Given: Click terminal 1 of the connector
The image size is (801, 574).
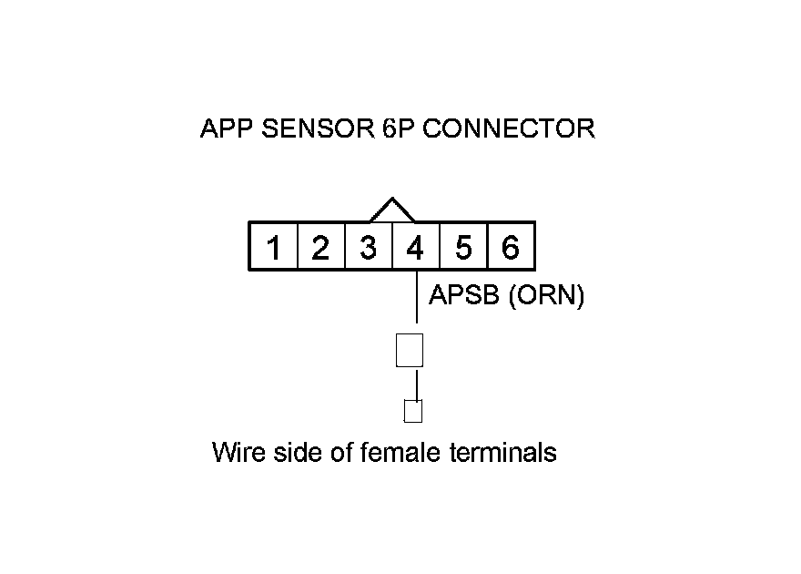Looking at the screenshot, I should tap(274, 247).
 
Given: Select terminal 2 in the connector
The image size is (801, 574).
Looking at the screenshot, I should tap(320, 247).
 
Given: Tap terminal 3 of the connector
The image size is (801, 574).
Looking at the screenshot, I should tap(368, 247).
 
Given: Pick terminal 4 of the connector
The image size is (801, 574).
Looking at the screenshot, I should tap(415, 247).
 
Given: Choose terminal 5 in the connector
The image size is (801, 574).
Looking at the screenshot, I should tap(463, 247).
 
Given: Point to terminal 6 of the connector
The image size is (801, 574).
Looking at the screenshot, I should tap(511, 247).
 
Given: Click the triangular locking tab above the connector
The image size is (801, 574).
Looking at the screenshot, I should tap(392, 210).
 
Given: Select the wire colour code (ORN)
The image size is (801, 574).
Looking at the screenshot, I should tap(545, 296).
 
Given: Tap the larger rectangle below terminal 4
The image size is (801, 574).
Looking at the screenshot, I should tap(411, 350).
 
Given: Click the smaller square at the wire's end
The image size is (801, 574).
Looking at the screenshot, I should tap(413, 412).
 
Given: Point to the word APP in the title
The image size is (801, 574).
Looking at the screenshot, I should tap(227, 128).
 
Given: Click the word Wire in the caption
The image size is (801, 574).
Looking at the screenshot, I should tap(238, 452).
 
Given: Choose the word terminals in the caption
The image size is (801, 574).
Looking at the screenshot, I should tap(502, 452).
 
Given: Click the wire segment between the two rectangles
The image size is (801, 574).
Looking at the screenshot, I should tap(417, 384).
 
